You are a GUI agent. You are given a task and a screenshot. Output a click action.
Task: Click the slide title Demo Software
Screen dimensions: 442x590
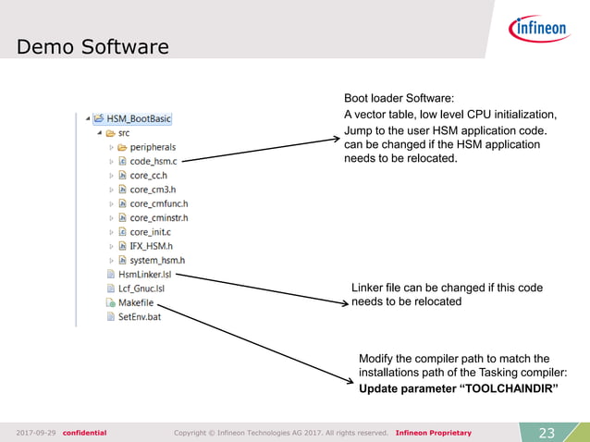click(92, 45)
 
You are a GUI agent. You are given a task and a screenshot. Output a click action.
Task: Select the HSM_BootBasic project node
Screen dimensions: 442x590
click(138, 118)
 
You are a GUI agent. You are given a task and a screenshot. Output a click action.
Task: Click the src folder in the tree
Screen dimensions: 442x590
click(123, 132)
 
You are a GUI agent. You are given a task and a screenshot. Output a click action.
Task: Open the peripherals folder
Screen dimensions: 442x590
click(152, 146)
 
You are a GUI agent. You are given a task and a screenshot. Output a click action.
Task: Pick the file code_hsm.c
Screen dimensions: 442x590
click(154, 161)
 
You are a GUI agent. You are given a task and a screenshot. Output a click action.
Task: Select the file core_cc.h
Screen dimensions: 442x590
click(148, 175)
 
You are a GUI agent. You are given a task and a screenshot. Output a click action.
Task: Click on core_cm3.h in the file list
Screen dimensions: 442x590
click(152, 190)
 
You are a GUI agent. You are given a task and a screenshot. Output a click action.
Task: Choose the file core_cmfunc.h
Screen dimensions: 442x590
click(158, 203)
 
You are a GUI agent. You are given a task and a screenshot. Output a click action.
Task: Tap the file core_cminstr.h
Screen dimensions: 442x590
click(158, 217)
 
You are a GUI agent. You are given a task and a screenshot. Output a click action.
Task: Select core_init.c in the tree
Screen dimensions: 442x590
click(151, 232)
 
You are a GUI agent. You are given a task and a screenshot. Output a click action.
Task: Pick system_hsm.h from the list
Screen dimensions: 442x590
click(156, 260)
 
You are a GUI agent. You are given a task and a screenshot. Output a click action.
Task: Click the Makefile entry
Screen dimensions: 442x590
click(135, 302)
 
